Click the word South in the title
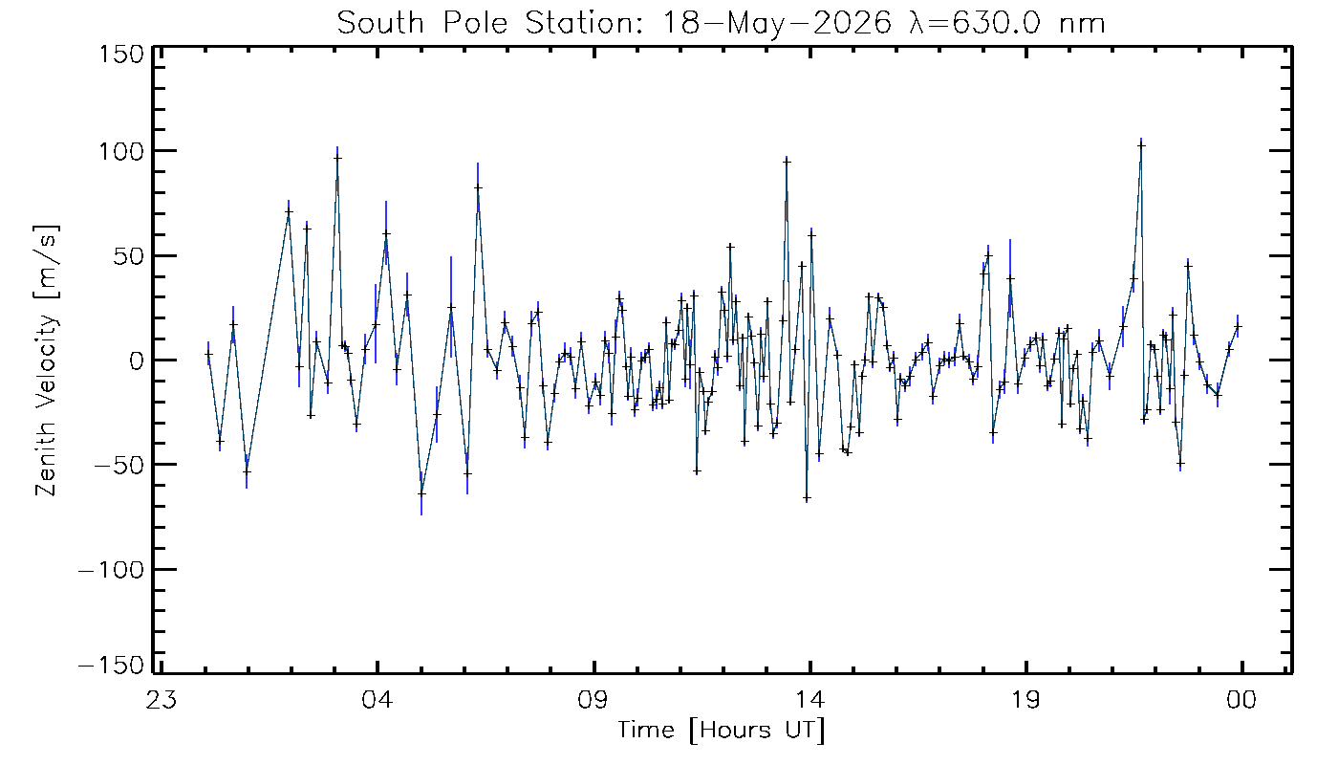coord(381,23)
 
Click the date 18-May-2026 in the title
coord(777,23)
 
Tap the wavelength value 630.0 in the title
coord(996,23)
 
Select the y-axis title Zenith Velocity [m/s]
coord(47,361)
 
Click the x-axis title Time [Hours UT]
coord(721,731)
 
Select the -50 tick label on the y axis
coord(119,465)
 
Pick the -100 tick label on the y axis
coord(112,570)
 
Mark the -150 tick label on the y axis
coord(112,665)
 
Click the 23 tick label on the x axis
coord(161,699)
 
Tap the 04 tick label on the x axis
coord(377,699)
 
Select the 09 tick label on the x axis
coord(593,699)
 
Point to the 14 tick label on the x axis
coord(810,699)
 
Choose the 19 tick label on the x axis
coord(1026,699)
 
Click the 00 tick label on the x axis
coord(1241,699)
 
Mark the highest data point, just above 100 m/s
coord(1141,145)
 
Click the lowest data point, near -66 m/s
coord(807,498)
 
